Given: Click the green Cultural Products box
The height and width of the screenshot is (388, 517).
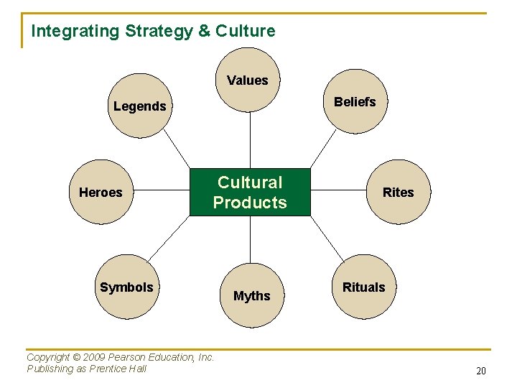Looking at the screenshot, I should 250,193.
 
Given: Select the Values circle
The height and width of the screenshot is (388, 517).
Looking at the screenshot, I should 248,80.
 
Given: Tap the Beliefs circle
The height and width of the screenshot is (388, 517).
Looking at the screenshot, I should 354,102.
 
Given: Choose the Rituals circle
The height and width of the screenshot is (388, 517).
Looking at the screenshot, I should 363,287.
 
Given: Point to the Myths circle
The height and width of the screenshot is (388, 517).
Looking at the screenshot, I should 251,295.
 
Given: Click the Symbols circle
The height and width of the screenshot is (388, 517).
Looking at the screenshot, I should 126,287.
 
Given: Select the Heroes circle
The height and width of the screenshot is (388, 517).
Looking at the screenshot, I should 101,192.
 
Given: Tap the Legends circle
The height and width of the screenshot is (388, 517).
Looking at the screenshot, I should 139,106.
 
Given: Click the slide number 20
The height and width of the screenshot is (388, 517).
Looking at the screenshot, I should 480,371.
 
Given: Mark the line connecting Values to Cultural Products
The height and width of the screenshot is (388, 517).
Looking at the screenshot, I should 250,140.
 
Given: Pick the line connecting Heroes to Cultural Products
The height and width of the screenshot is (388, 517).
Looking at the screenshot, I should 162,192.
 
